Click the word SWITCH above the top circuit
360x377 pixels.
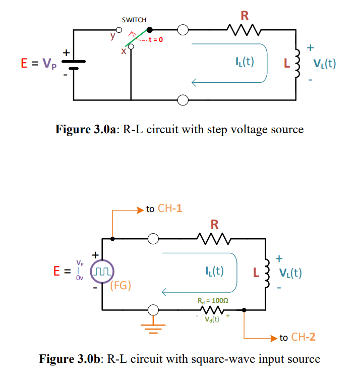(x=134, y=20)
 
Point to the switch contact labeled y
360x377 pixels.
(x=119, y=30)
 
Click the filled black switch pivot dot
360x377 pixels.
(x=149, y=30)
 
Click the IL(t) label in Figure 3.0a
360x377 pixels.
(x=244, y=62)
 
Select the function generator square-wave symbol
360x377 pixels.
(x=102, y=273)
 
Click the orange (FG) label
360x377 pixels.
(x=121, y=286)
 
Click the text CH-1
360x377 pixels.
(x=170, y=208)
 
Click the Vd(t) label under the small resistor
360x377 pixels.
(x=212, y=319)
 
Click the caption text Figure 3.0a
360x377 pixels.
(x=86, y=130)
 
